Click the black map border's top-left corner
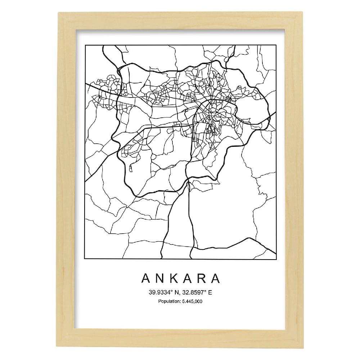point(85,46)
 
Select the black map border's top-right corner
point(276,46)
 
